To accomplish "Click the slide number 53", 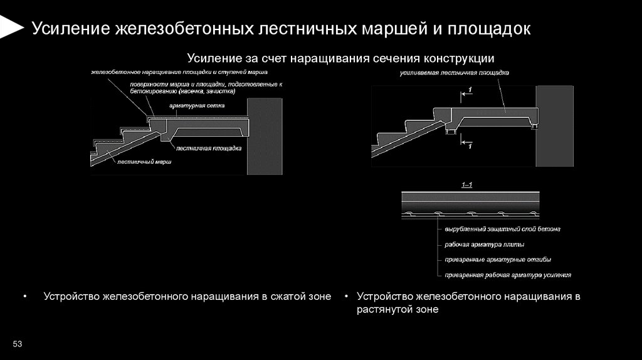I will point(18,344).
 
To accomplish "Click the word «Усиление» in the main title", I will point(69,29).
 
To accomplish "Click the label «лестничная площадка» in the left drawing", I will point(209,149).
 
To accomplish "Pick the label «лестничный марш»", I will point(144,161).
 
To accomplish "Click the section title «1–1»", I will point(468,185).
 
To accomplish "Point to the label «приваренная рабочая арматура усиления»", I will point(507,275).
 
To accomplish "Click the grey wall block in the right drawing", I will point(554,125).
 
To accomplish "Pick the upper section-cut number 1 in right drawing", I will point(470,91).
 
